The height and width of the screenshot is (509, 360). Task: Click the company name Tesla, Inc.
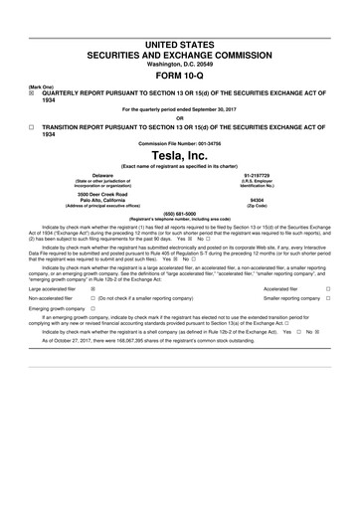pos(180,162)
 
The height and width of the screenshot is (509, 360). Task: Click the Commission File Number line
pos(180,144)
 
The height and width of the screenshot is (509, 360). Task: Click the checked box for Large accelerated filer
pos(93,289)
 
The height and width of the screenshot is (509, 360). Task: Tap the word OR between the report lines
pos(180,117)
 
